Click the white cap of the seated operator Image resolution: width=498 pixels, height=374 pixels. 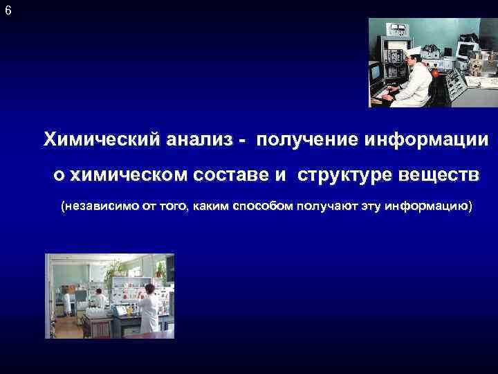click(x=414, y=52)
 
